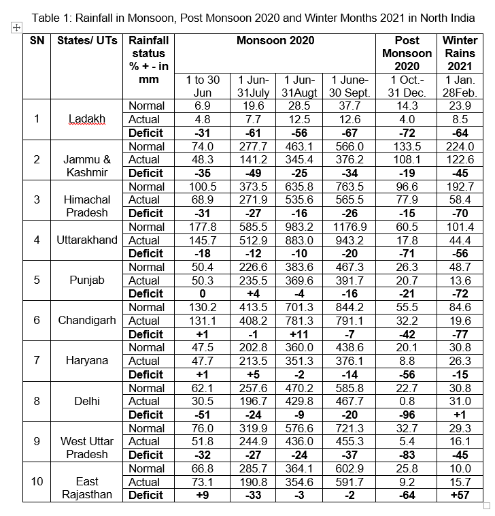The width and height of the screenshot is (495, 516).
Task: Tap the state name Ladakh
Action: tap(86, 118)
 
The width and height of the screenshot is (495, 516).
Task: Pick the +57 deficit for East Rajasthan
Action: tap(460, 495)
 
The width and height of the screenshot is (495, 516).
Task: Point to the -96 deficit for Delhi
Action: tap(407, 415)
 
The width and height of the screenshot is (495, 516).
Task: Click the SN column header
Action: tap(37, 41)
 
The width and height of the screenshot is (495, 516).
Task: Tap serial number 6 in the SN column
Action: tap(37, 320)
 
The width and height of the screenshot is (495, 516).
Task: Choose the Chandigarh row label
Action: tap(86, 320)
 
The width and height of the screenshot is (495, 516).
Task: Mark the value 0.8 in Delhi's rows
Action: tap(407, 401)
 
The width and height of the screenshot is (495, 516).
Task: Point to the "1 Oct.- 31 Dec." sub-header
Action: tap(407, 86)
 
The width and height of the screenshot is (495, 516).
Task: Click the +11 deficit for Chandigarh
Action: tap(300, 334)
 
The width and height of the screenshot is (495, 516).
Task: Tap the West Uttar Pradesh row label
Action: tap(86, 447)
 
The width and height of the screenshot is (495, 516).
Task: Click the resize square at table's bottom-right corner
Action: tap(486, 505)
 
